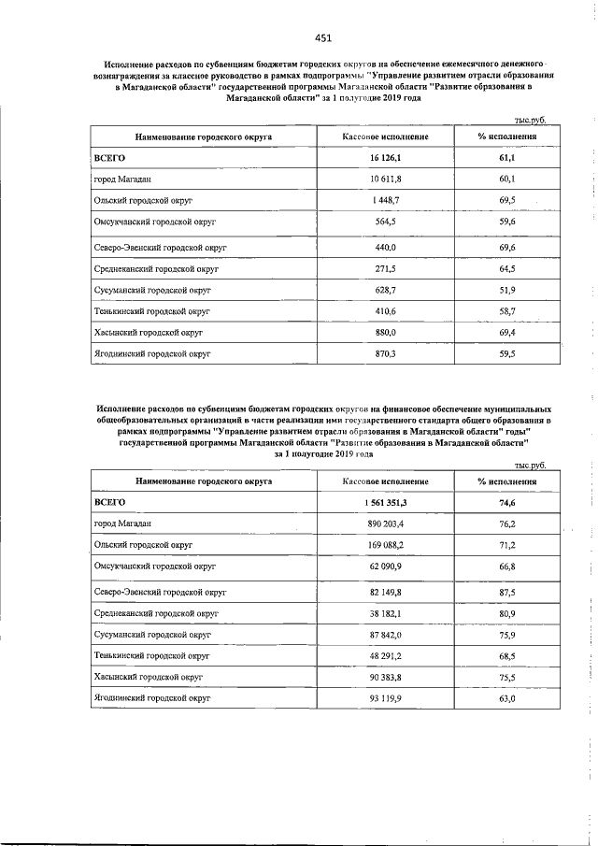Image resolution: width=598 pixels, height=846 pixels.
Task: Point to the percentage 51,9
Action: click(507, 291)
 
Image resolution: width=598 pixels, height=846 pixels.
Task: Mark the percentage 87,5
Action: click(507, 593)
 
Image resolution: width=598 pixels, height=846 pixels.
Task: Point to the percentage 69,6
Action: click(507, 247)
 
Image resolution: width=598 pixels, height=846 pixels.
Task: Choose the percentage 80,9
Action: click(507, 613)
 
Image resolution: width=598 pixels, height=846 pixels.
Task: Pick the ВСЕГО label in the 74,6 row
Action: click(110, 502)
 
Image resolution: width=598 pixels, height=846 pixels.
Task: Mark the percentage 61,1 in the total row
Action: click(507, 158)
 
